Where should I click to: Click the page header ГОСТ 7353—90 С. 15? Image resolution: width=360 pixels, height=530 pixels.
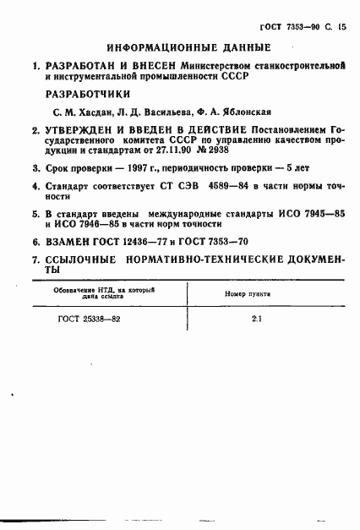[x=309, y=14]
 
